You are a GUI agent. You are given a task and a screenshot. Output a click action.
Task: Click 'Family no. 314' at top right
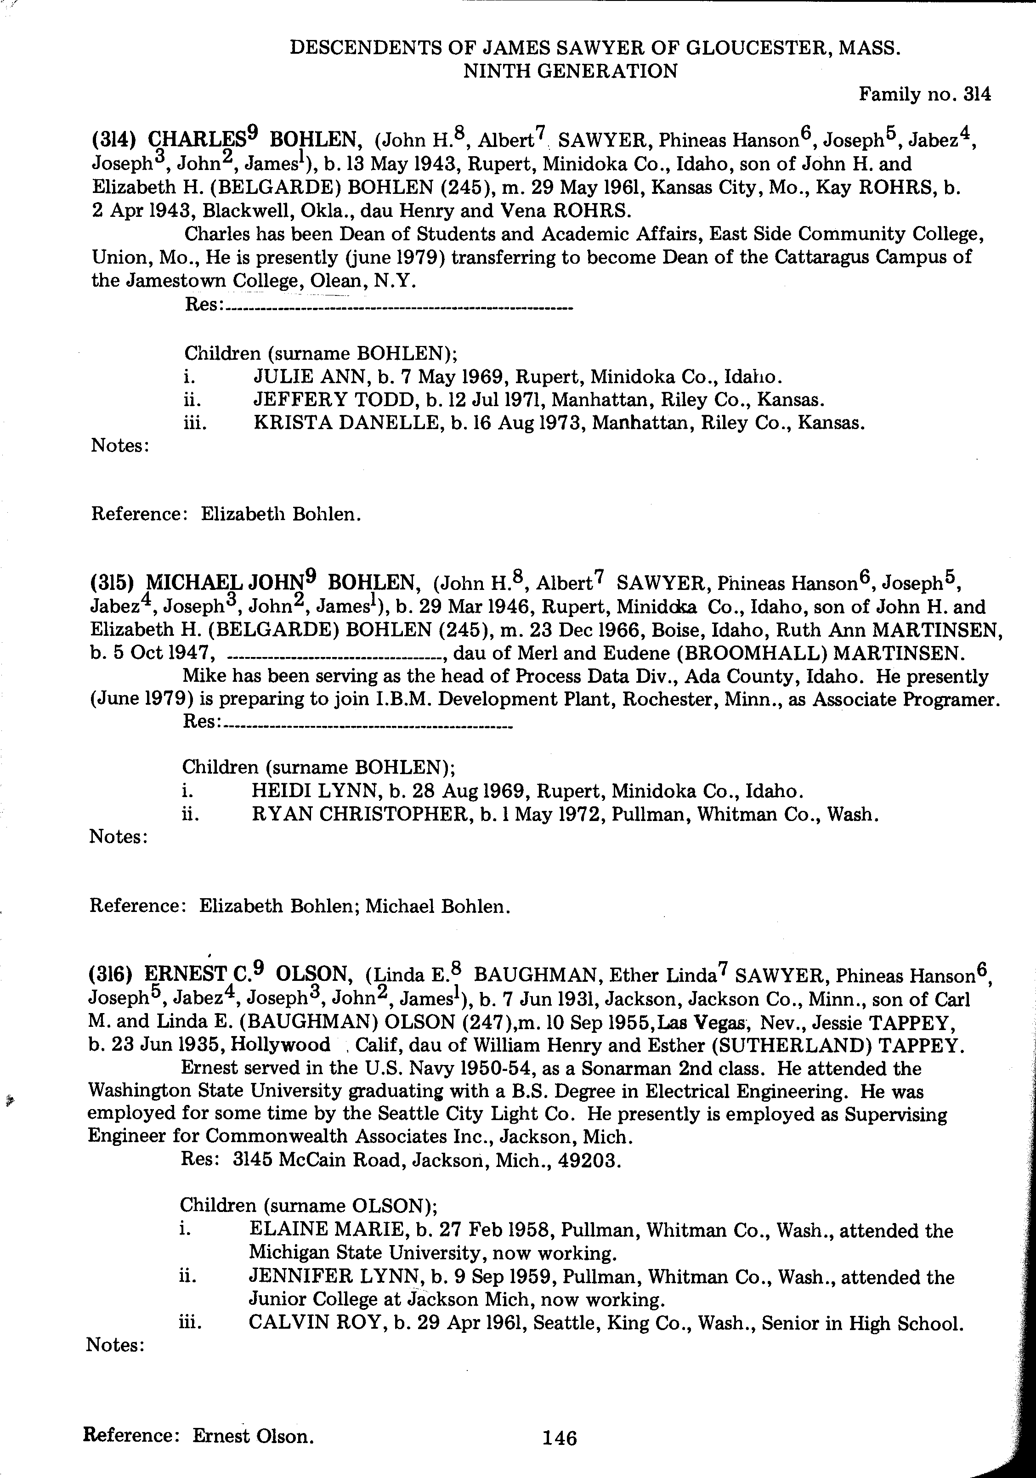coord(925,95)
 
